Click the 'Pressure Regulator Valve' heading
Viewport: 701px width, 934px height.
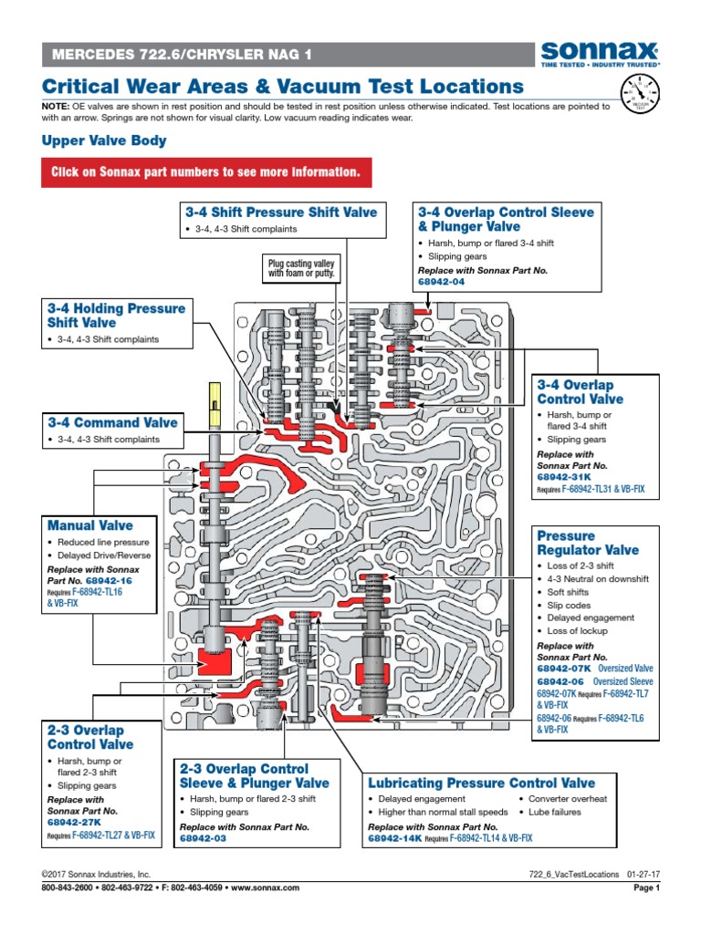[588, 543]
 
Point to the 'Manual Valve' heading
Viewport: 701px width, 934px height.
[89, 525]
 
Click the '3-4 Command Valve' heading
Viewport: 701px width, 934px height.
[112, 422]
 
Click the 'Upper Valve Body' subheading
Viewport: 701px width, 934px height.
[104, 140]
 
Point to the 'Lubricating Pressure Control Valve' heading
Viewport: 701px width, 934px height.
[481, 783]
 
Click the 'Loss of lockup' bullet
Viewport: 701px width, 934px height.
[577, 631]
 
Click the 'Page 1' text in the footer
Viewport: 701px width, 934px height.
[645, 887]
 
